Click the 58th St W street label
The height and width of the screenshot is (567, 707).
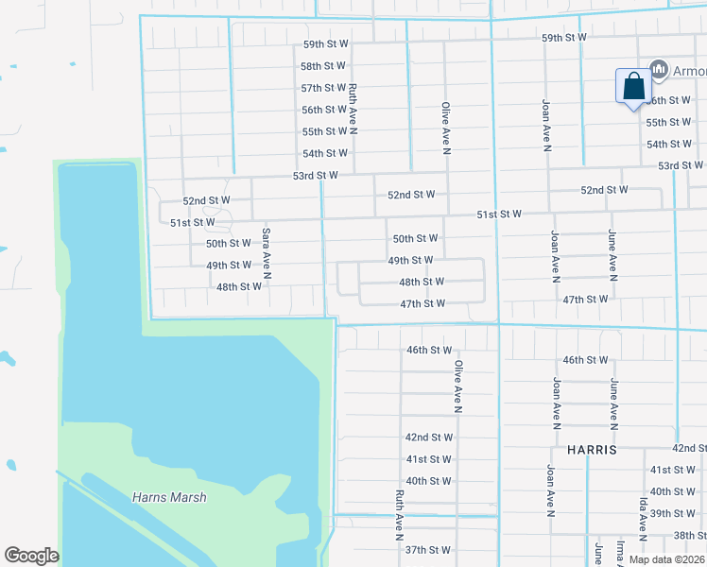click(323, 66)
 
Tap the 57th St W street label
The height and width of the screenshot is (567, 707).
click(323, 88)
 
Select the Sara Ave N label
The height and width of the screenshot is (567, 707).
click(267, 252)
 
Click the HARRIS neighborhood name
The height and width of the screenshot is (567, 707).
click(592, 451)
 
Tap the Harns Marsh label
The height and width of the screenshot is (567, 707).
click(169, 497)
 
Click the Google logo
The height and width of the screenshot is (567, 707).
click(31, 556)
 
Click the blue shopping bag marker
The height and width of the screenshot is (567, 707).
click(632, 88)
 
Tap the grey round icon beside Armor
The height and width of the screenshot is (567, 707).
click(660, 70)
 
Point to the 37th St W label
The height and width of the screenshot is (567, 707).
click(428, 550)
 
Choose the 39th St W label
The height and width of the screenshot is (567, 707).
click(673, 513)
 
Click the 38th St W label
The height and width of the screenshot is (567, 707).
click(689, 535)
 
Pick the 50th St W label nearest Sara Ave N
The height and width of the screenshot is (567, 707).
click(229, 244)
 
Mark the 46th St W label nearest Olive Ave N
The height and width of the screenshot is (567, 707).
click(429, 350)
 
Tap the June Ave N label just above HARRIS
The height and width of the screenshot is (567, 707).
click(615, 404)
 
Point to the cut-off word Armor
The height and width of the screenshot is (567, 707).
click(689, 70)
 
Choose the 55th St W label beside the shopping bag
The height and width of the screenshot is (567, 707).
click(668, 123)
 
